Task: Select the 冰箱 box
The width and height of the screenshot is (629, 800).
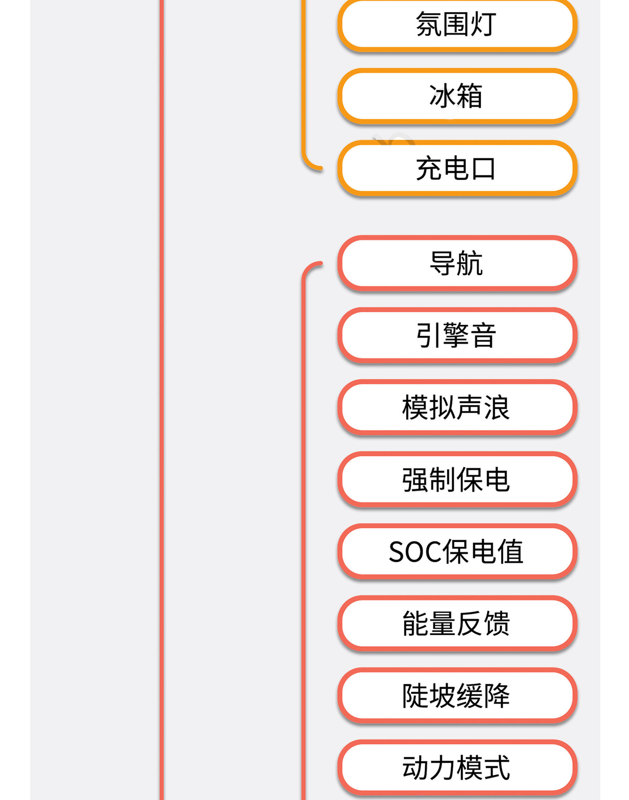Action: tap(457, 96)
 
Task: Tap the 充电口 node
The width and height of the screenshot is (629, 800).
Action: tap(457, 168)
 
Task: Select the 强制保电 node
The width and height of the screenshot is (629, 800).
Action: tap(457, 480)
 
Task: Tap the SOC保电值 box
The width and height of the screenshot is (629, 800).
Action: tap(457, 552)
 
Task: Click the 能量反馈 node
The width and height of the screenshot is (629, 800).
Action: tap(457, 624)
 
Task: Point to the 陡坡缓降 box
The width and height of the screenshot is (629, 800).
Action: tap(457, 696)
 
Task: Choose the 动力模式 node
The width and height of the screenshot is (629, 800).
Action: tap(457, 768)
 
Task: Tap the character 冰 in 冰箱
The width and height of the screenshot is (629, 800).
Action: tap(442, 96)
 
